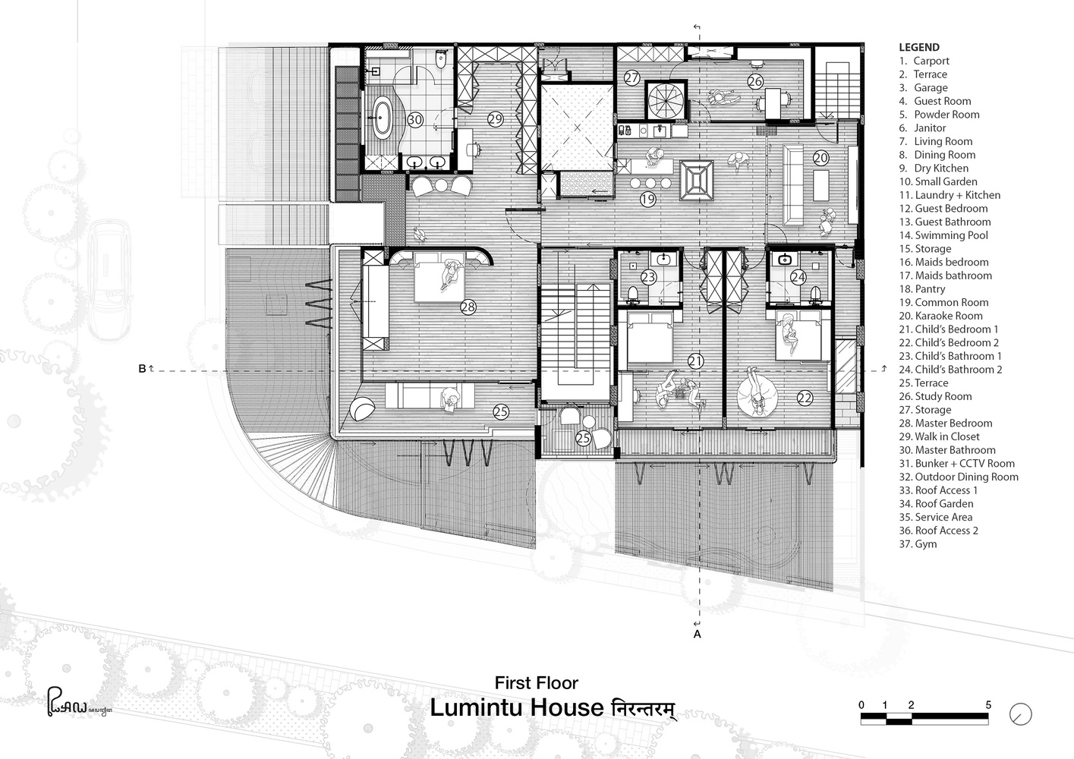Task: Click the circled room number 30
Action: [415, 120]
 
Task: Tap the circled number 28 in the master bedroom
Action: [468, 307]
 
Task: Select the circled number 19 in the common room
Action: [647, 199]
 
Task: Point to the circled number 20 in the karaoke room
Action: [820, 157]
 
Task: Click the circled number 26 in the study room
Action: [755, 81]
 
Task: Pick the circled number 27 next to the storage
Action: [632, 77]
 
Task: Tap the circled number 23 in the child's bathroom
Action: [648, 276]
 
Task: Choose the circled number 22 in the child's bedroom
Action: [805, 398]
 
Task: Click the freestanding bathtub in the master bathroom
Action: [382, 118]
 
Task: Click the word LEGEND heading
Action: [919, 47]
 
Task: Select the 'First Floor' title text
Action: [537, 683]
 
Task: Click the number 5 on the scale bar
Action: [988, 705]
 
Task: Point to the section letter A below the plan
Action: [697, 635]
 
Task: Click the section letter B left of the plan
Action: [142, 369]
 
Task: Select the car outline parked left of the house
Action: [111, 280]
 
